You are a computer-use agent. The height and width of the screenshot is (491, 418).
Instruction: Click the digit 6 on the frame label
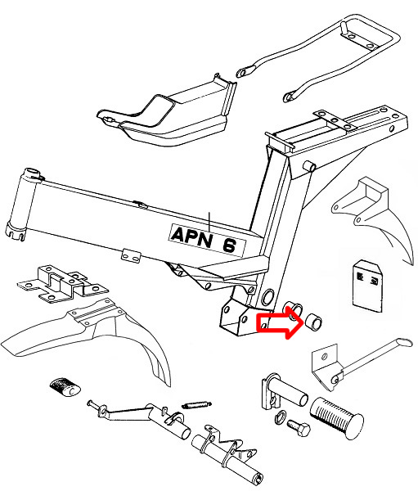coord(230,245)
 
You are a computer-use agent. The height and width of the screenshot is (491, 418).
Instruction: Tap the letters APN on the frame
coord(191,236)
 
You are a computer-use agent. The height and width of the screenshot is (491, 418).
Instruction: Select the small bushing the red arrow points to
coord(314,322)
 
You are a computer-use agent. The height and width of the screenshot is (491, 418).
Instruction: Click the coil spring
coord(196,405)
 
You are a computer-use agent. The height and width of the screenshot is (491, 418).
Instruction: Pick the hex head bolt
coord(299,428)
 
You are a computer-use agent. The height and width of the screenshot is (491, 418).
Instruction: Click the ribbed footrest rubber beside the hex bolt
coord(337,418)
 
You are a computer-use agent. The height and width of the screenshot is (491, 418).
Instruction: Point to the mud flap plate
coord(367,286)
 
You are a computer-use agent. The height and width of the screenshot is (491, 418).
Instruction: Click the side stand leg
coord(372,360)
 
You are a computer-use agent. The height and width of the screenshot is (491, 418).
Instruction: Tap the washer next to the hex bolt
coord(280,417)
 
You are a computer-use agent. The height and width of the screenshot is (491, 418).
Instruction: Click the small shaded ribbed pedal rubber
coord(65,387)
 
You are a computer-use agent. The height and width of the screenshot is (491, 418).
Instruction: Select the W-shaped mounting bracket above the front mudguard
coord(63,283)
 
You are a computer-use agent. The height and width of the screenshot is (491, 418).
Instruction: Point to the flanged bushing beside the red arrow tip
coord(293,311)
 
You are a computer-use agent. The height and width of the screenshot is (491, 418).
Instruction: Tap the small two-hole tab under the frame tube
coord(131,256)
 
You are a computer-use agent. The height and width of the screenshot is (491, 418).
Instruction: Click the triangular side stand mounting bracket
coord(326,367)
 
